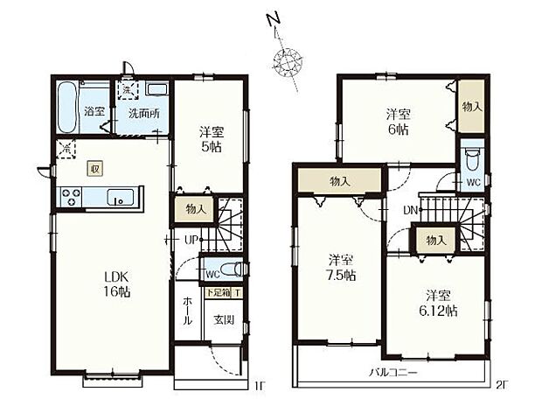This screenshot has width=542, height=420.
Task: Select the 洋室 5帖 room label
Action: [210, 140]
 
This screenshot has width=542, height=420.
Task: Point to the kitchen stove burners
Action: [68, 198]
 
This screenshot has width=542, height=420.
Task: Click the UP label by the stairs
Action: [190, 239]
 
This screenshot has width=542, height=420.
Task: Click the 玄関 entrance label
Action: [224, 319]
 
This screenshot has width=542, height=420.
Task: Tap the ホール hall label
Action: [187, 310]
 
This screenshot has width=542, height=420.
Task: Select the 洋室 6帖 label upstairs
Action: [398, 122]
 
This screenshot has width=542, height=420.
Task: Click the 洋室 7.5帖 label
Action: [341, 267]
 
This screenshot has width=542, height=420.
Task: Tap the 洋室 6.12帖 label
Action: [439, 302]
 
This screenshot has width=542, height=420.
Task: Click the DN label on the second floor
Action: [409, 211]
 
